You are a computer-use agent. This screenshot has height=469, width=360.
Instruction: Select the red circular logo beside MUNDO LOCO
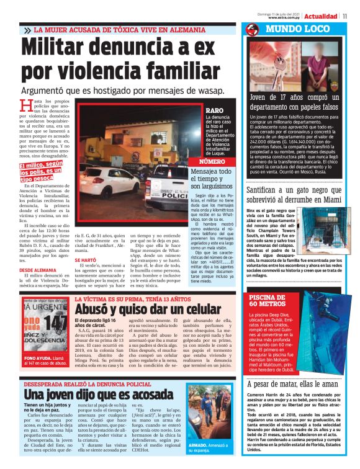pos(252,30)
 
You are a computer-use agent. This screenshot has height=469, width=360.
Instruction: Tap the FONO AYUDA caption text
pos(35,359)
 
